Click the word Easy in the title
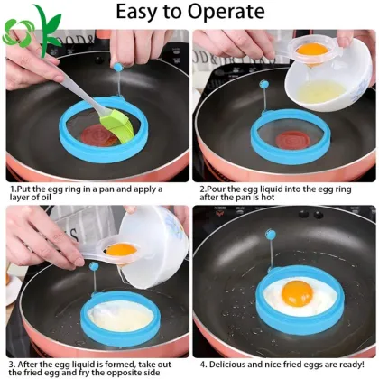coord(139,13)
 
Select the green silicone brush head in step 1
coord(126,125)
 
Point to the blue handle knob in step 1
coord(118,66)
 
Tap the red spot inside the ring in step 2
coord(291,140)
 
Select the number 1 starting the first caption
coord(11,189)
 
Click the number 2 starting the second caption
coord(200,189)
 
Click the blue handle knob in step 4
coord(270,236)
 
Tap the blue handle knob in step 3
coord(93,267)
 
